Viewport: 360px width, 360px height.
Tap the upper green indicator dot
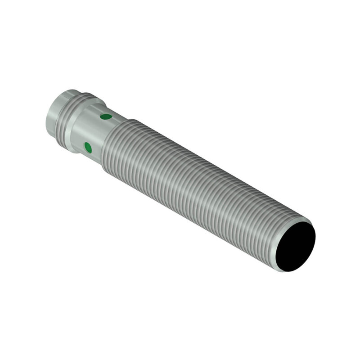coord(106,117)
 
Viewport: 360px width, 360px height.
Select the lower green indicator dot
coord(88,147)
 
